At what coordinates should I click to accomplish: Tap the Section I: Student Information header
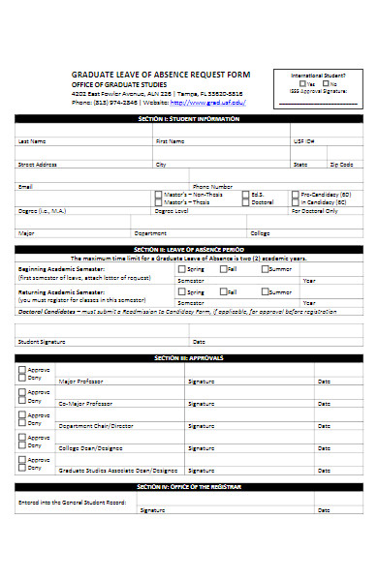pos(189,118)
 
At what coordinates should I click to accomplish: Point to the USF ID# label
pos(304,141)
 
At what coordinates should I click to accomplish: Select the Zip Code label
pos(341,165)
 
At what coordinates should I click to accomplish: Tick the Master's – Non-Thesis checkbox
pos(159,194)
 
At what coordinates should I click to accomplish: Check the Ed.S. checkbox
pos(244,194)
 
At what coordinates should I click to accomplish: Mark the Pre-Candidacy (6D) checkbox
pos(296,194)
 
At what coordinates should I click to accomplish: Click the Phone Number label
pos(212,186)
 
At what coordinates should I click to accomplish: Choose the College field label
pos(260,233)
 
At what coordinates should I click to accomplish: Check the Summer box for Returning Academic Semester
pos(264,290)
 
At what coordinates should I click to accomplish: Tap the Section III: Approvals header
pos(189,357)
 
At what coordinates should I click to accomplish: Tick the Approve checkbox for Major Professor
pos(21,370)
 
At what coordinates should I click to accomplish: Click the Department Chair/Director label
pos(95,426)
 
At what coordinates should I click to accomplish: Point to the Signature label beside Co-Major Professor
pos(201,403)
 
